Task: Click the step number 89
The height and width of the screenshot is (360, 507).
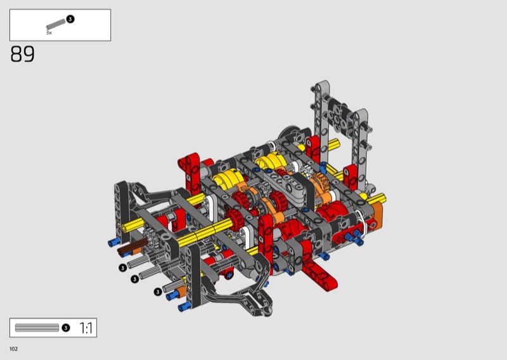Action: (x=22, y=54)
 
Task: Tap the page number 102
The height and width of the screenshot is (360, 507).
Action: (x=13, y=349)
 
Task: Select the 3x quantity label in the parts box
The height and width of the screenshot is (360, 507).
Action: (x=49, y=33)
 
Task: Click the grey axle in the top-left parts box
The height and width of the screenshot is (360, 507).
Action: (x=56, y=24)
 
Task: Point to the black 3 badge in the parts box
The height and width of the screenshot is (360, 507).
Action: (x=70, y=19)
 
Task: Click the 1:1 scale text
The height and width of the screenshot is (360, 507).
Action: (x=86, y=328)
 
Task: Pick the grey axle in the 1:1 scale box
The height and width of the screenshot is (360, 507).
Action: (x=37, y=328)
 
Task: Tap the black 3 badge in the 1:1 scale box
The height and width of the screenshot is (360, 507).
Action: (x=66, y=328)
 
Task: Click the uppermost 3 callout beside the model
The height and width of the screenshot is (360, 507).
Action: (x=122, y=268)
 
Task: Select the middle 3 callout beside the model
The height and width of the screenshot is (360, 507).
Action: (x=135, y=279)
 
